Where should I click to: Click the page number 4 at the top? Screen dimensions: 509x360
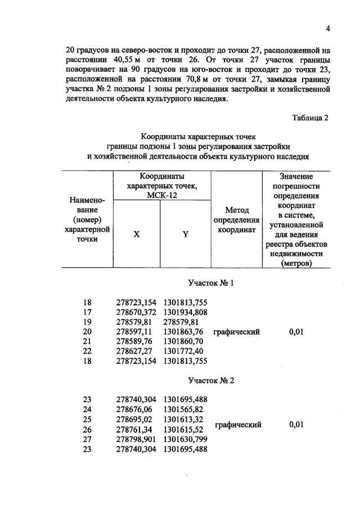pos(326,29)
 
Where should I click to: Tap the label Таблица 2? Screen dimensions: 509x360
pos(310,118)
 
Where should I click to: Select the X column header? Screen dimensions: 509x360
pos(136,235)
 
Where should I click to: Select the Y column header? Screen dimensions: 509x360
pos(185,235)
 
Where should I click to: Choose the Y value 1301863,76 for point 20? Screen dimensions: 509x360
pos(183,332)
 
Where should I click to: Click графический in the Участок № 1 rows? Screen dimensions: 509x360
pos(236,332)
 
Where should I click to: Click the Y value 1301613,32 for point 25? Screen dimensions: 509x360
pos(183,420)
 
